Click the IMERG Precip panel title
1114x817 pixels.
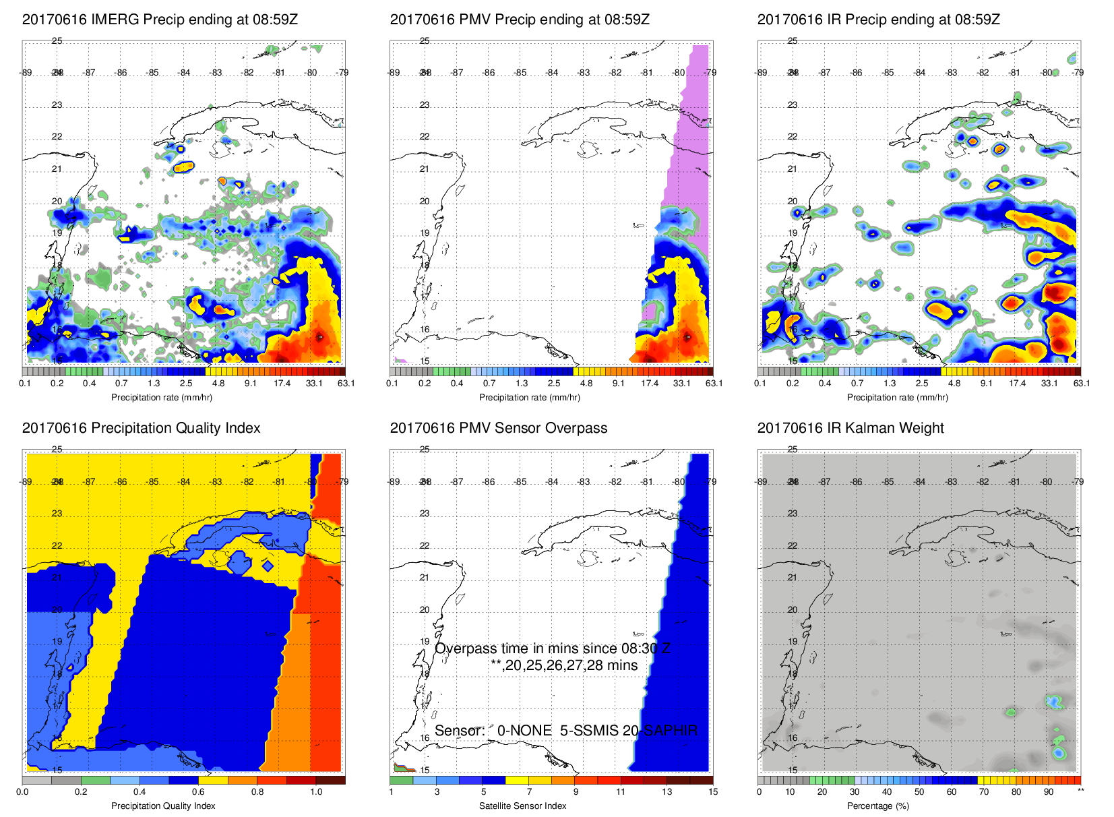(x=160, y=20)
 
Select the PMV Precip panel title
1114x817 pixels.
(x=520, y=20)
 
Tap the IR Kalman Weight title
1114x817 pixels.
(x=850, y=428)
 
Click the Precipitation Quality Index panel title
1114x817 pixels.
(x=141, y=428)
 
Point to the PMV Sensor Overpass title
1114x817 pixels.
(x=499, y=428)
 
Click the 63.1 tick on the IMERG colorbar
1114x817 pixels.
(x=346, y=384)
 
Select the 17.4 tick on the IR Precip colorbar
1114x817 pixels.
(x=1017, y=384)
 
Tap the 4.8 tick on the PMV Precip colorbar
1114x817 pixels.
(x=586, y=384)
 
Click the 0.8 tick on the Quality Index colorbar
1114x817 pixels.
(x=257, y=792)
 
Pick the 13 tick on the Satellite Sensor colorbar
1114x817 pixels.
(x=667, y=792)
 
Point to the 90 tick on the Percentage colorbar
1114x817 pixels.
(x=1049, y=792)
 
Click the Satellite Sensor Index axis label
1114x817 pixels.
(x=522, y=806)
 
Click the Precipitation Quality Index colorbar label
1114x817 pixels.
(x=163, y=806)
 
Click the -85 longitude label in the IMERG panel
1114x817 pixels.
(x=153, y=73)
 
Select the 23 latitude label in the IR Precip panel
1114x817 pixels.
(x=793, y=105)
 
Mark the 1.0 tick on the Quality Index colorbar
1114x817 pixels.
(x=316, y=792)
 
